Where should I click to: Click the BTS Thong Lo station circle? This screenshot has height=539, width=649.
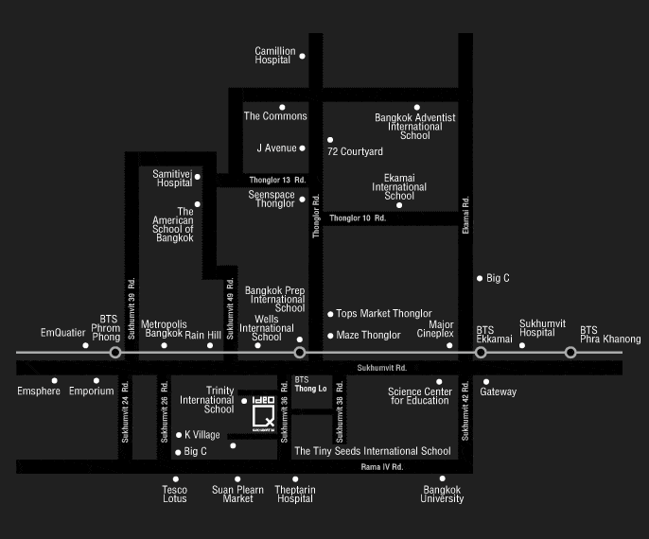pyautogui.click(x=300, y=352)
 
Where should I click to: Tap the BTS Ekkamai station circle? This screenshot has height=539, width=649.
pyautogui.click(x=481, y=352)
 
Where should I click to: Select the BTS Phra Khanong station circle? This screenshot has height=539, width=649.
pyautogui.click(x=570, y=352)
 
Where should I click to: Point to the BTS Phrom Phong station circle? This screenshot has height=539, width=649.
pyautogui.click(x=115, y=352)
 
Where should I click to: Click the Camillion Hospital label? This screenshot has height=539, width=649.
pyautogui.click(x=275, y=56)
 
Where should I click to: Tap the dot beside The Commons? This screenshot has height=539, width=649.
pyautogui.click(x=282, y=107)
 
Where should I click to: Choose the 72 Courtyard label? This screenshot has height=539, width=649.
pyautogui.click(x=355, y=151)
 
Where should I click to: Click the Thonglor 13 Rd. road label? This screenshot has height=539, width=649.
pyautogui.click(x=277, y=180)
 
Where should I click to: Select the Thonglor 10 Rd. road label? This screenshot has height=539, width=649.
pyautogui.click(x=358, y=218)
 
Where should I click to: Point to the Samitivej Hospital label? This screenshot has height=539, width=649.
pyautogui.click(x=172, y=178)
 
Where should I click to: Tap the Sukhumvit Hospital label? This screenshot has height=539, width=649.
pyautogui.click(x=536, y=328)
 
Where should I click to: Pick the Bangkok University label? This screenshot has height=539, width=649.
pyautogui.click(x=442, y=495)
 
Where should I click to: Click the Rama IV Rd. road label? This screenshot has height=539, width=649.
pyautogui.click(x=382, y=467)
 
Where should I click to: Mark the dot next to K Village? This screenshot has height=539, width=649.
pyautogui.click(x=179, y=435)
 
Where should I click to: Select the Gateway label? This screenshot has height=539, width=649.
pyautogui.click(x=499, y=391)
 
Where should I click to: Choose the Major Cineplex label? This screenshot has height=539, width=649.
pyautogui.click(x=436, y=329)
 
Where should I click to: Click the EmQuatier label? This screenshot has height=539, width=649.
pyautogui.click(x=62, y=333)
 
